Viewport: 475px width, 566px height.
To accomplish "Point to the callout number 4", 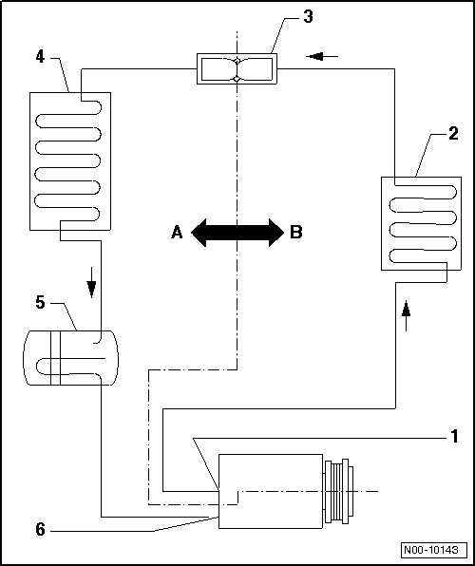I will pyautogui.click(x=40, y=56).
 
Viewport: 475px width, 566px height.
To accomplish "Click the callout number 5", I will pyautogui.click(x=40, y=303).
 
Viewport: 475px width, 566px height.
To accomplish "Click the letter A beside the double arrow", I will pyautogui.click(x=177, y=232).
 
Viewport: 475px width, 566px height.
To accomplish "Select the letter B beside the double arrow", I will pyautogui.click(x=296, y=232).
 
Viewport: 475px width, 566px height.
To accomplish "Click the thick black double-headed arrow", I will pyautogui.click(x=237, y=232).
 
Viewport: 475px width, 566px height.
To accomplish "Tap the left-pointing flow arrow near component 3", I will pyautogui.click(x=323, y=56).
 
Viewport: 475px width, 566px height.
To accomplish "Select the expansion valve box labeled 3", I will pyautogui.click(x=236, y=68).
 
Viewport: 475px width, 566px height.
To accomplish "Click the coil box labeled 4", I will pyautogui.click(x=70, y=160).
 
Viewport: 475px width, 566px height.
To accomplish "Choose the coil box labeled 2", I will pyautogui.click(x=413, y=222).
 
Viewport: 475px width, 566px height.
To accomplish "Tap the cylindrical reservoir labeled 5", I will pyautogui.click(x=67, y=358).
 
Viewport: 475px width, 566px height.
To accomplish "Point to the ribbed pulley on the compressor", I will pyautogui.click(x=340, y=491).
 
